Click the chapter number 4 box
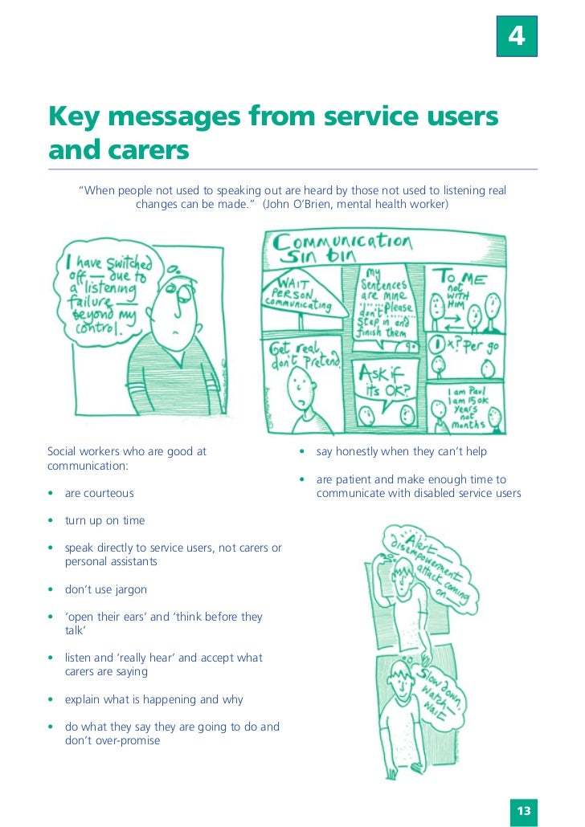coord(517,37)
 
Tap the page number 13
coord(524,811)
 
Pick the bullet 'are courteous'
coord(99,493)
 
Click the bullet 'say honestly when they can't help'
coord(401,452)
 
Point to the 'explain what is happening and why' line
coord(153,699)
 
